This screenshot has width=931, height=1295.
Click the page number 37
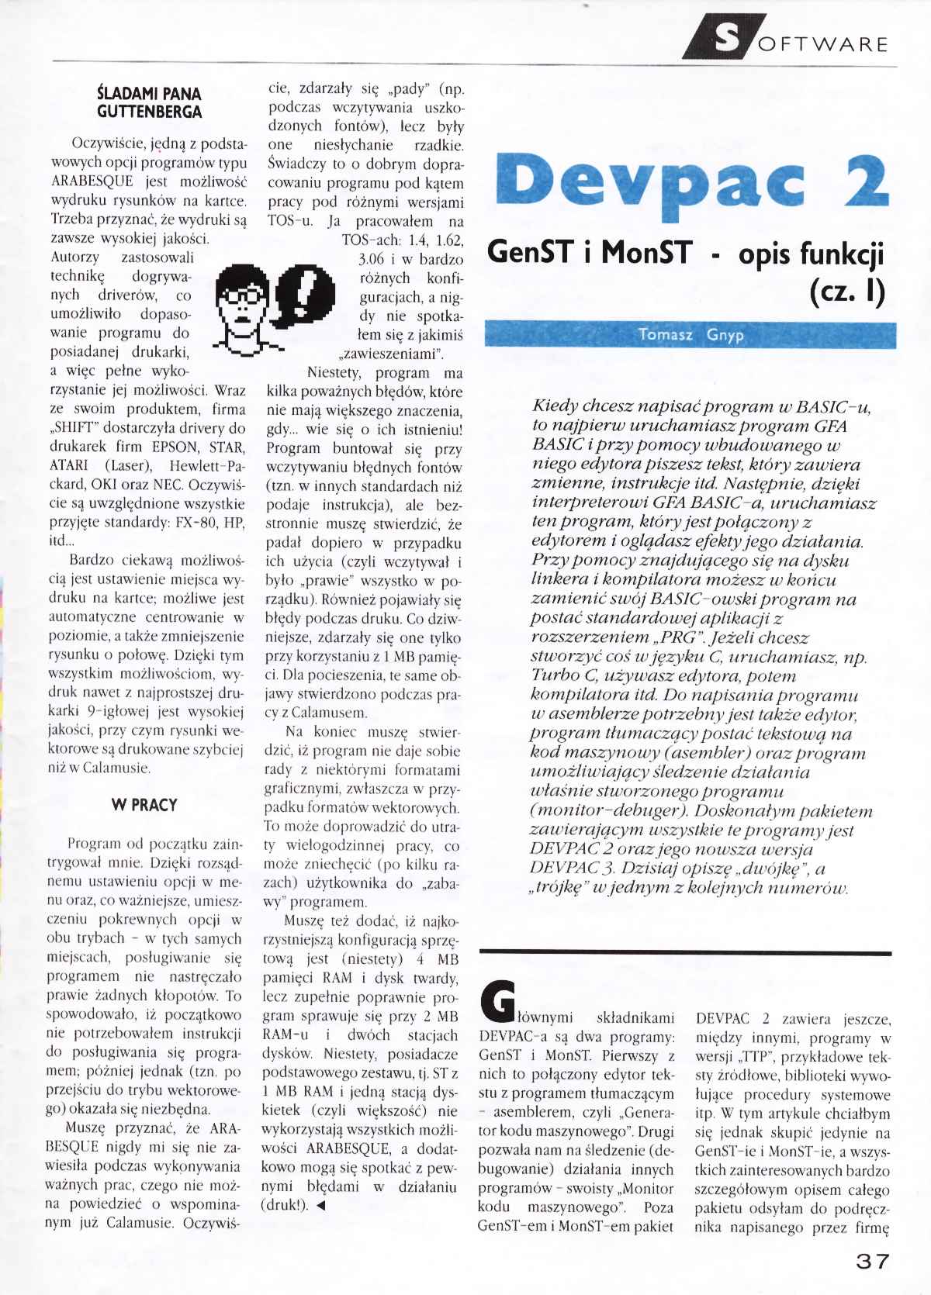(872, 1262)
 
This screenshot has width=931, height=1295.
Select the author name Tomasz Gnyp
(690, 335)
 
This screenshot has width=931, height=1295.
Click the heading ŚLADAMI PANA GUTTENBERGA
(149, 103)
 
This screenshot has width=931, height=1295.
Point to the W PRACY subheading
(144, 805)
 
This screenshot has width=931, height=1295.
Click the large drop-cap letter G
(497, 1001)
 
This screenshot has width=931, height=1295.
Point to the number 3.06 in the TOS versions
(372, 259)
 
